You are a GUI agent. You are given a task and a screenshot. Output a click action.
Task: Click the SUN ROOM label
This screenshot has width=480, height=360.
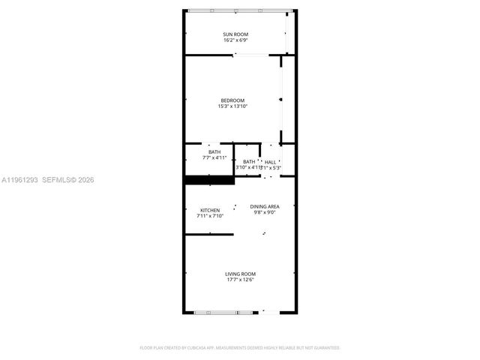click(x=235, y=34)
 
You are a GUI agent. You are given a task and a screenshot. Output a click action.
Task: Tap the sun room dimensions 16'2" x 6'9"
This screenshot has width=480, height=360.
click(x=235, y=40)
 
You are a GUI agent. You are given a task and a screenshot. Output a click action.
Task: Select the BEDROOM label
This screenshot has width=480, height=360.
click(x=232, y=100)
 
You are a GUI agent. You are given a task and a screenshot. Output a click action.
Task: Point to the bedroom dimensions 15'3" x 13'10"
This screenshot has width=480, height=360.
click(x=232, y=106)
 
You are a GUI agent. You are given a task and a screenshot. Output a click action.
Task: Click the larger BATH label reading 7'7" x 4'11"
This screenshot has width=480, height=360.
click(x=214, y=152)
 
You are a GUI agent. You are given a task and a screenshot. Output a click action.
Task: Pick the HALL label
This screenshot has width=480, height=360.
click(x=270, y=162)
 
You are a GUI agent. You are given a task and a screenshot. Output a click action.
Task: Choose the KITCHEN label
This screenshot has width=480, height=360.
click(x=210, y=210)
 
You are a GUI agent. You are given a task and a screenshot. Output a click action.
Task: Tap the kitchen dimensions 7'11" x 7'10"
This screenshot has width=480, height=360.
click(x=210, y=216)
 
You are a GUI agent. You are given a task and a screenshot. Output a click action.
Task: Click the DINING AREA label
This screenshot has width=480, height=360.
click(x=265, y=206)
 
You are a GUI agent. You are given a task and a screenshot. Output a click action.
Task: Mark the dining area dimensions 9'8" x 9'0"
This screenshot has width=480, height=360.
click(x=265, y=212)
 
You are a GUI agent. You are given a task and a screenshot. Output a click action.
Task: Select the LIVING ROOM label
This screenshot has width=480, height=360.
click(x=240, y=274)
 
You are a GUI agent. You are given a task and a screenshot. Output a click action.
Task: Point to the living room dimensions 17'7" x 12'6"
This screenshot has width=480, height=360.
click(x=240, y=280)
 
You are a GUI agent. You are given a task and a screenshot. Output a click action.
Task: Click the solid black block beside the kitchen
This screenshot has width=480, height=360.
click(x=199, y=180)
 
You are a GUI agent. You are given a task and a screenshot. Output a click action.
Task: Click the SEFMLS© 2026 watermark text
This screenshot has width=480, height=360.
click(x=67, y=180)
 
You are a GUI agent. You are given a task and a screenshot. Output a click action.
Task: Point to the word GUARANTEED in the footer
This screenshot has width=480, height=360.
click(x=325, y=348)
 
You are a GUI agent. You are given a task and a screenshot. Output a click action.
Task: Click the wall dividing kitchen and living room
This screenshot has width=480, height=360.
click(x=209, y=234)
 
